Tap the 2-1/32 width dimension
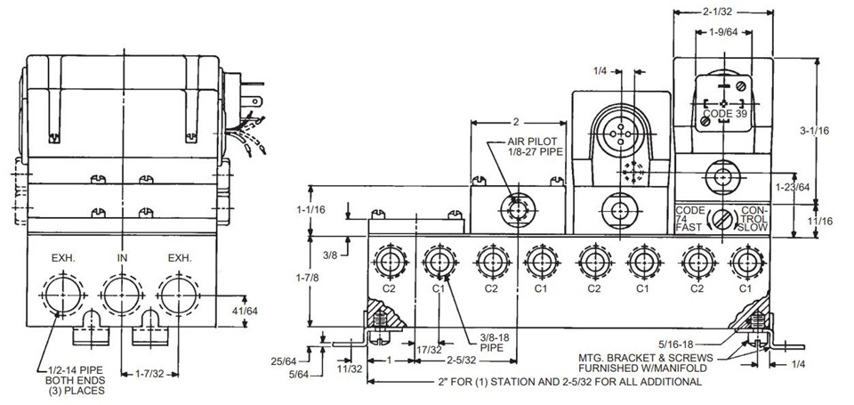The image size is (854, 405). click(722, 11)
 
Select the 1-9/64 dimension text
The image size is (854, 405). click(723, 32)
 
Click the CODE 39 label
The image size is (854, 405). click(725, 114)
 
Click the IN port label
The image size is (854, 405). click(122, 258)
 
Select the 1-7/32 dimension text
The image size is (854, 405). click(149, 375)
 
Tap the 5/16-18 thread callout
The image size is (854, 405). click(676, 344)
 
